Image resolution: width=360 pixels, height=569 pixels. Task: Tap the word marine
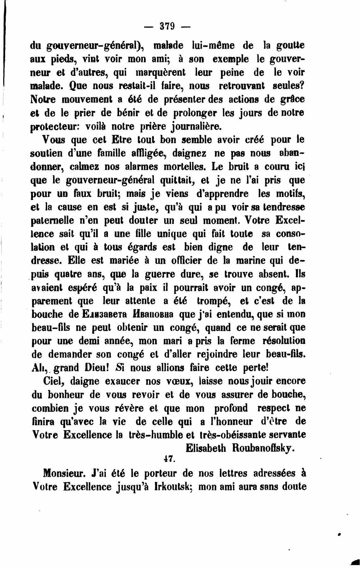(252, 261)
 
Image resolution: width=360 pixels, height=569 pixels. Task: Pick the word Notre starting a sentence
(43, 99)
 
